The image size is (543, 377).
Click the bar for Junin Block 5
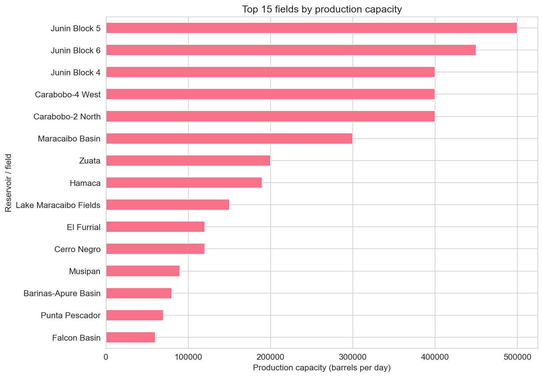pyautogui.click(x=311, y=28)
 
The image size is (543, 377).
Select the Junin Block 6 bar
pyautogui.click(x=291, y=50)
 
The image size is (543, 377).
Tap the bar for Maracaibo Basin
pyautogui.click(x=229, y=139)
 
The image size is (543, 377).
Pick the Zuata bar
pyautogui.click(x=188, y=161)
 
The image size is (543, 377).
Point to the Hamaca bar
pyautogui.click(x=184, y=183)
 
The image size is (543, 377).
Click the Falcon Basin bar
pyautogui.click(x=130, y=337)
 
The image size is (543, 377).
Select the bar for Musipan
pyautogui.click(x=143, y=271)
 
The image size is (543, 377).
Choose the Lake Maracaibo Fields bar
pyautogui.click(x=167, y=205)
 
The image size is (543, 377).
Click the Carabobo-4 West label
pyautogui.click(x=68, y=95)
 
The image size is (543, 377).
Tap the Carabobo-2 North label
pyautogui.click(x=67, y=117)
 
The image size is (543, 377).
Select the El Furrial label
pyautogui.click(x=84, y=227)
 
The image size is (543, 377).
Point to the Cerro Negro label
pyautogui.click(x=77, y=249)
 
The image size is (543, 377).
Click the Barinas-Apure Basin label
pyautogui.click(x=62, y=294)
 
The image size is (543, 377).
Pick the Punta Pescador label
pyautogui.click(x=71, y=316)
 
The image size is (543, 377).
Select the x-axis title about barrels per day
pyautogui.click(x=322, y=368)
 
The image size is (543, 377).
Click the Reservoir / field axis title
pyautogui.click(x=9, y=183)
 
